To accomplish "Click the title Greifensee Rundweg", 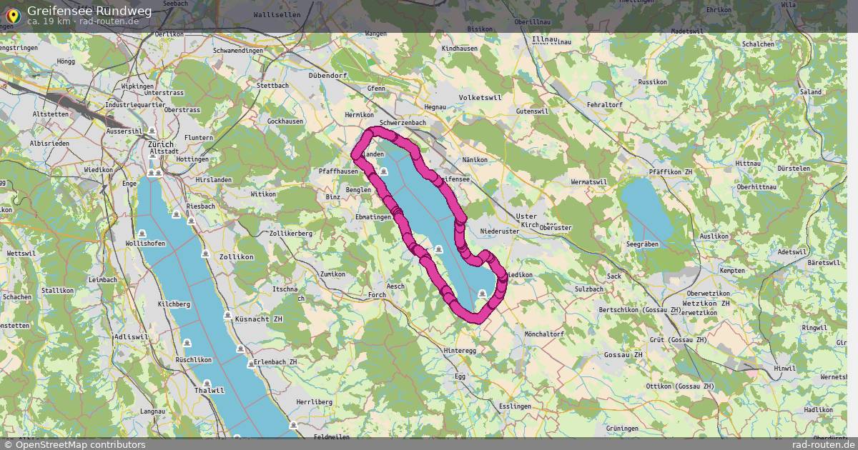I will (79, 11).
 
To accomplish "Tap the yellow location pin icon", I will (12, 14).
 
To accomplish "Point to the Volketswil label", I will (480, 96).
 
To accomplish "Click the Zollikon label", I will (237, 256).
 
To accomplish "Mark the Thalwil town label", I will (209, 390).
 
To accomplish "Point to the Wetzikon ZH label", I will (706, 304).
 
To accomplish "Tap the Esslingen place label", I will (516, 406).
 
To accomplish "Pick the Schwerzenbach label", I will (403, 123).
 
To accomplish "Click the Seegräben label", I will (641, 244).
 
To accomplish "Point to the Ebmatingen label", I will (373, 216).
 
